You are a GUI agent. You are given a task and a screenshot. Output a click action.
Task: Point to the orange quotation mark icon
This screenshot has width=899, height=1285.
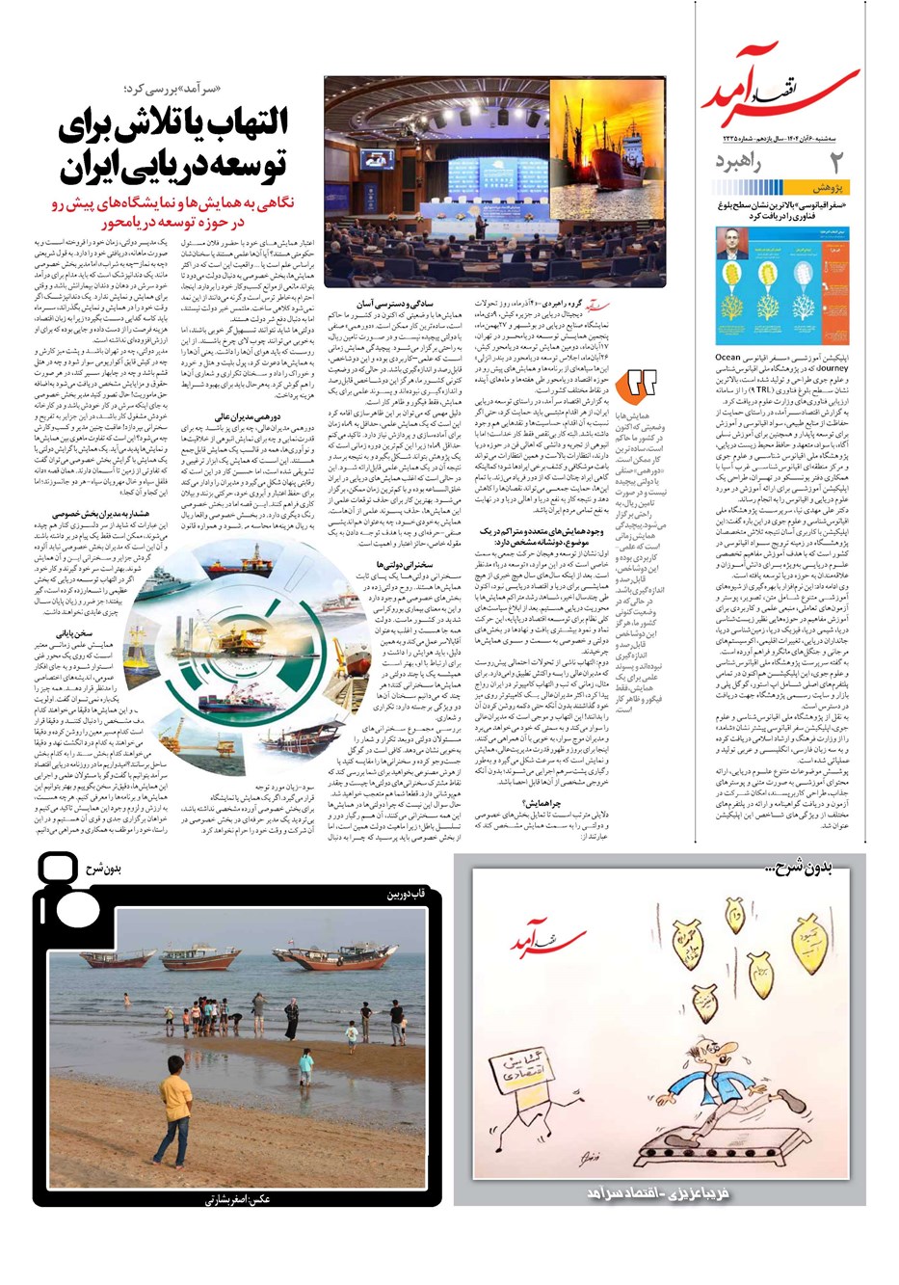[641, 385]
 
